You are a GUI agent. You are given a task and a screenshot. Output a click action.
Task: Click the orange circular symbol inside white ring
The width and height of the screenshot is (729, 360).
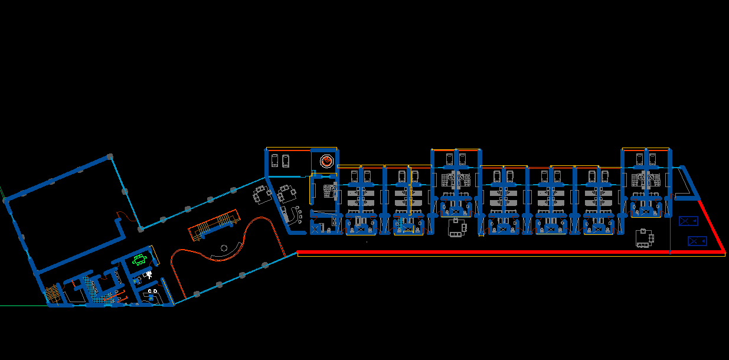pyautogui.click(x=326, y=161)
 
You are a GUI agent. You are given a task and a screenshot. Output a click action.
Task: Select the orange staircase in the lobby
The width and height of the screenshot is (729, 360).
pyautogui.click(x=214, y=225)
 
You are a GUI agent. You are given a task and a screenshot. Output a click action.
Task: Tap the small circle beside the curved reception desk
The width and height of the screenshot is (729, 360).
pyautogui.click(x=224, y=248)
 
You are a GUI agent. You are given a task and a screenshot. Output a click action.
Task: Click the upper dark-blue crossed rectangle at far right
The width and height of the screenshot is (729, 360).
pyautogui.click(x=688, y=221)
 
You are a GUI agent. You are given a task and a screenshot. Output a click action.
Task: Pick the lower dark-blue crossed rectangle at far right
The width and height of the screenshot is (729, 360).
pyautogui.click(x=697, y=241)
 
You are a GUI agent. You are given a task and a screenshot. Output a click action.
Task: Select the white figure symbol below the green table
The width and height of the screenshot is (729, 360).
pyautogui.click(x=149, y=275)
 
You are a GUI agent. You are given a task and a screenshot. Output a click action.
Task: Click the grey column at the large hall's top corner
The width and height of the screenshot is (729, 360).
pyautogui.click(x=109, y=156)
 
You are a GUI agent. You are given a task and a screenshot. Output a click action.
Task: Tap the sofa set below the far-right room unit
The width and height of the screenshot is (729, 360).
pyautogui.click(x=644, y=238)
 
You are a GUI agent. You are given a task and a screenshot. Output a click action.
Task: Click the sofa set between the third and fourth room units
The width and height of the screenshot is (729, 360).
pyautogui.click(x=456, y=227)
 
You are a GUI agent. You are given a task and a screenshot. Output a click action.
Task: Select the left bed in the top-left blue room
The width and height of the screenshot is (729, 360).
pyautogui.click(x=275, y=160)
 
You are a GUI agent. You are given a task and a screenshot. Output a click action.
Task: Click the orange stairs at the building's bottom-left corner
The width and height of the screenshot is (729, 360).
pyautogui.click(x=53, y=293)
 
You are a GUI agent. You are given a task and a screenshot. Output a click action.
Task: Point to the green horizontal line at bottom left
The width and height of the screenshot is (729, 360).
pyautogui.click(x=24, y=306)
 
